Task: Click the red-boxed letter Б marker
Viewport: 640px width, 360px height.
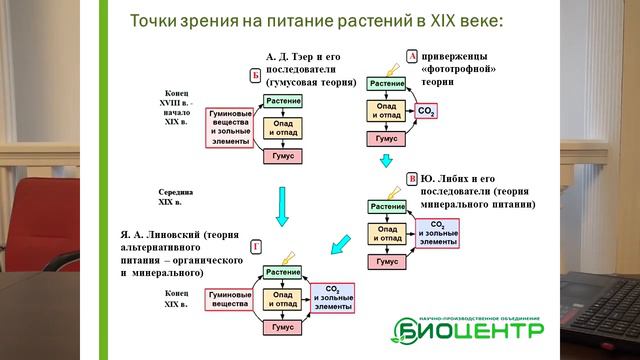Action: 255,76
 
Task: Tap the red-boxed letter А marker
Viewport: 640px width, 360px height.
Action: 411,57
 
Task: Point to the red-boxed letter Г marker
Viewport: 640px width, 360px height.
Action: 256,247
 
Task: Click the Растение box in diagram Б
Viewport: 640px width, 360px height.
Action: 283,102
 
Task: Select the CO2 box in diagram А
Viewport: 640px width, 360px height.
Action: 427,112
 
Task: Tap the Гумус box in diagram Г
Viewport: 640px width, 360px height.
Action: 283,327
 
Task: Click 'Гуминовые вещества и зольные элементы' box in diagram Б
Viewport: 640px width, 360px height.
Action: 230,128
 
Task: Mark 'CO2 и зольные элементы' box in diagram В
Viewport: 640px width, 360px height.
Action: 436,232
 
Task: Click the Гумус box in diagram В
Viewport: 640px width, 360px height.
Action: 387,261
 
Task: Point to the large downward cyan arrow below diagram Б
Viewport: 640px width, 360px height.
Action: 282,207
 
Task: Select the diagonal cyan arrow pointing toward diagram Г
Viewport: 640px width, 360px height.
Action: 341,243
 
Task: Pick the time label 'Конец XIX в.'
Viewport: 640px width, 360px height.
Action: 176,298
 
